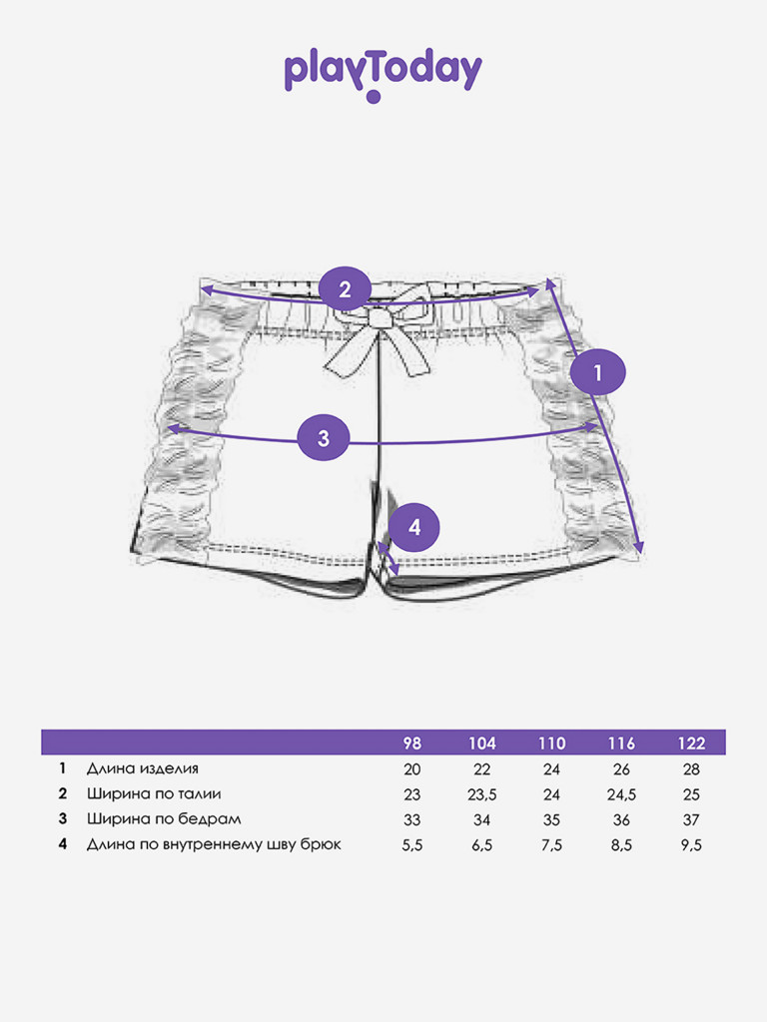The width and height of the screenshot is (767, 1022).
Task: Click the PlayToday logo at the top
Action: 383,75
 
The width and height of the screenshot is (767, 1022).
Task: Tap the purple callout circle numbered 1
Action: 597,372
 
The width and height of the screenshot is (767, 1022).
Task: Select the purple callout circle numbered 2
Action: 345,288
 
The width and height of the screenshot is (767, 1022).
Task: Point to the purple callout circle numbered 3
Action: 324,437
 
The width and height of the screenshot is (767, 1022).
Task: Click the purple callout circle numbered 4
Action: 414,527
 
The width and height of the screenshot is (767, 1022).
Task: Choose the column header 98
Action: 412,743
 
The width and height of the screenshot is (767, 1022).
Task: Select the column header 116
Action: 621,743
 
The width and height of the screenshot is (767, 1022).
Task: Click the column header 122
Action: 691,743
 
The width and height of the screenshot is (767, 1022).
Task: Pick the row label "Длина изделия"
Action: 142,768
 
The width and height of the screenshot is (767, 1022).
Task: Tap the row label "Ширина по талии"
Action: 154,793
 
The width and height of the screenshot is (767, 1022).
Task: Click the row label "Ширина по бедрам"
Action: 164,818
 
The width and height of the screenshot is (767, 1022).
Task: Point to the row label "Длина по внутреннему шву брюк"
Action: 214,844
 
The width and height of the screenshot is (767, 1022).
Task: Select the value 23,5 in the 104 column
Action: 482,794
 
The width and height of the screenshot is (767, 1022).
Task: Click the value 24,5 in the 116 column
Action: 621,794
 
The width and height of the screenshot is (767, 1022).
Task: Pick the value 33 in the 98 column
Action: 412,820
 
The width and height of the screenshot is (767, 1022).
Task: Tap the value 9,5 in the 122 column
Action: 691,845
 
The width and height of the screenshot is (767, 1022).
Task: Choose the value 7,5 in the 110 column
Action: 551,845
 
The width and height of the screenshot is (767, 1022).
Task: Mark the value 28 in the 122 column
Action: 691,769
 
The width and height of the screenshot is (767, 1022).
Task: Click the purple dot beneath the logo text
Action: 374,97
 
